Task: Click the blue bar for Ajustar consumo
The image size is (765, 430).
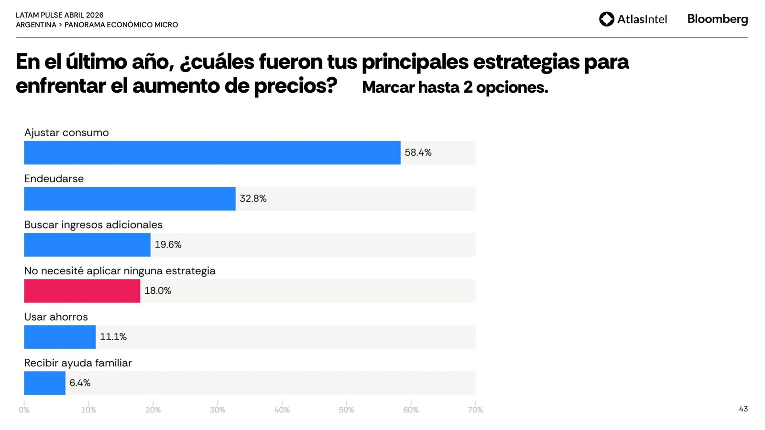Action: (212, 153)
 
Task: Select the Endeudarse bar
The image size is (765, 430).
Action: (130, 199)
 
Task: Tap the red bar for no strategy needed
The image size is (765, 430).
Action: (82, 291)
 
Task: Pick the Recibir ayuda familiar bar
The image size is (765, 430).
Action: (44, 383)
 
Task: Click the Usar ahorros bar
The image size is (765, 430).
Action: (60, 337)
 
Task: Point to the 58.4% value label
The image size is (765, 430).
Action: (418, 153)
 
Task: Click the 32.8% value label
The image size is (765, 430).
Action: (253, 199)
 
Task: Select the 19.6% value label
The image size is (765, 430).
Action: (168, 245)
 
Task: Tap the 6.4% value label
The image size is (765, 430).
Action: (80, 383)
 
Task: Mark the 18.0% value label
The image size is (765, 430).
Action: (158, 291)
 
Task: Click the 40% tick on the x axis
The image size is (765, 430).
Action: (282, 410)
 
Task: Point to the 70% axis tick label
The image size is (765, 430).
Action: (475, 410)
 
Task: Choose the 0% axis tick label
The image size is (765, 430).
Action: (24, 410)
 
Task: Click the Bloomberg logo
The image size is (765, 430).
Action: (717, 19)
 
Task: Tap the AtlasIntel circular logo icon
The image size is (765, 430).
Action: (606, 19)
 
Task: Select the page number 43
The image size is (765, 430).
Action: (743, 409)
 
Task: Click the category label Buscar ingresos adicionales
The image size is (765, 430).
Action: (93, 225)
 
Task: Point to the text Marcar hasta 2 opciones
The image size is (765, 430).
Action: (455, 87)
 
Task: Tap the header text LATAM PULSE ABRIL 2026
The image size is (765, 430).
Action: (60, 15)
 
